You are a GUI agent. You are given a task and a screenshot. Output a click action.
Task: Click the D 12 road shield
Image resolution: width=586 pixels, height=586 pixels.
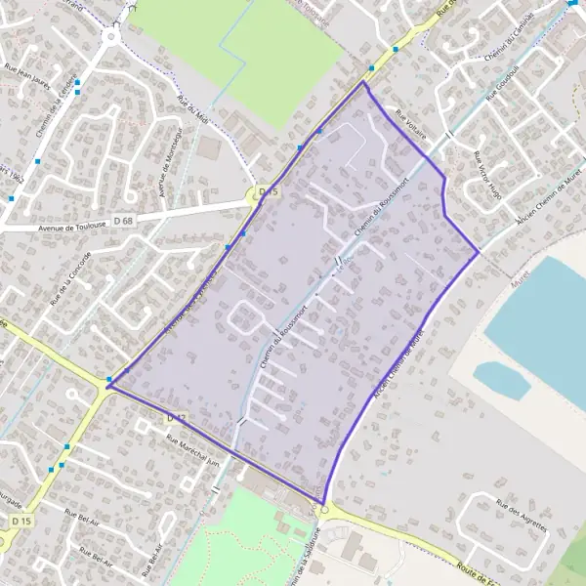176,418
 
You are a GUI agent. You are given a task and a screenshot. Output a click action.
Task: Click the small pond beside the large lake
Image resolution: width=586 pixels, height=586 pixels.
502,379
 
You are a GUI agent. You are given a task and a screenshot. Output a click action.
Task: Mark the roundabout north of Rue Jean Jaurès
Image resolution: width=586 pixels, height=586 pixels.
111,36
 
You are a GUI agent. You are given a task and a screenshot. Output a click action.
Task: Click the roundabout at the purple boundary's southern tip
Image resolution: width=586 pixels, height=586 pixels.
323,508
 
